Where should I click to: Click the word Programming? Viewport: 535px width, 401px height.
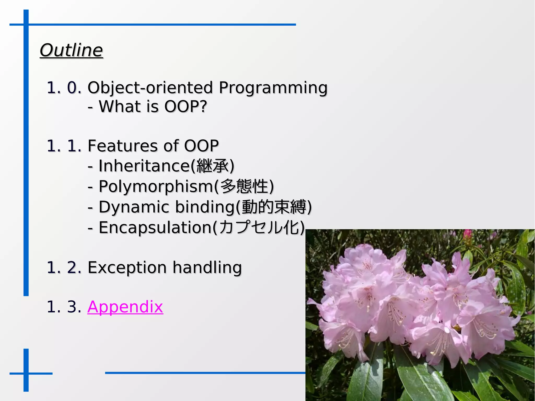(273, 88)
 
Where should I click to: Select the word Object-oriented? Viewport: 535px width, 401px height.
(150, 88)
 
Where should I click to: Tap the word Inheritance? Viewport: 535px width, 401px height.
(144, 166)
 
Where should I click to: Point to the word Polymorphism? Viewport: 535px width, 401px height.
(156, 187)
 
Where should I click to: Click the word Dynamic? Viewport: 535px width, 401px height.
(134, 207)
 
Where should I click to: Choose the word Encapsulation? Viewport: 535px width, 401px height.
(155, 228)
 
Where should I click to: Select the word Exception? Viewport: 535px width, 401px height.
(127, 268)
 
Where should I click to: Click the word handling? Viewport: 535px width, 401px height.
(207, 268)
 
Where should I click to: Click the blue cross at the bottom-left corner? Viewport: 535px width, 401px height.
(26, 373)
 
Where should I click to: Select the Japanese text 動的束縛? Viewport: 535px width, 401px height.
(274, 207)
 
